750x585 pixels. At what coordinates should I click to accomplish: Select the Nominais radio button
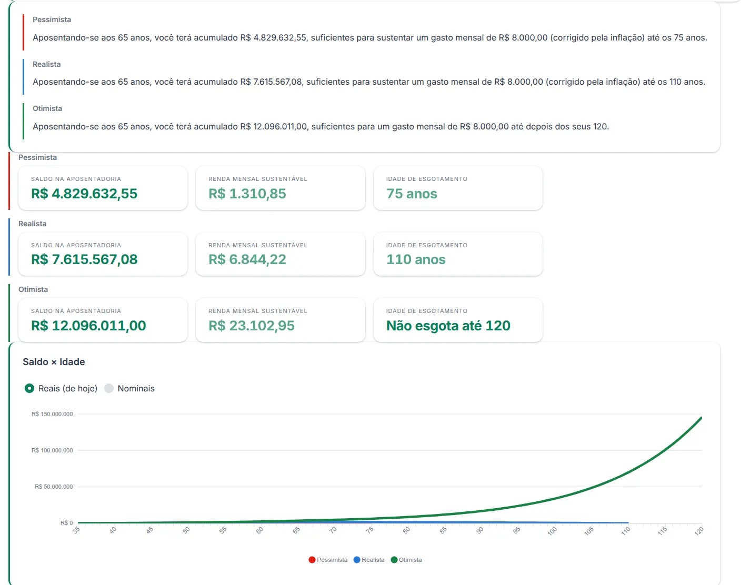[109, 388]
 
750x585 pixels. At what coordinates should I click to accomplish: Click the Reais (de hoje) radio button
[29, 388]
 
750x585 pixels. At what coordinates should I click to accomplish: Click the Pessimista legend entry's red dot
[312, 560]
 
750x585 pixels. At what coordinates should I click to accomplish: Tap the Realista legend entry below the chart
[369, 560]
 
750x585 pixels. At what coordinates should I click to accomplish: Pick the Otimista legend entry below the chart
[406, 560]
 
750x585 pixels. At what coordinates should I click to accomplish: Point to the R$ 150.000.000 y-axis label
[52, 414]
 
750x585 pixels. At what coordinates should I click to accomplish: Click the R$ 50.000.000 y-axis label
[54, 487]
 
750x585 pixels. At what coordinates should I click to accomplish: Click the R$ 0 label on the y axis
[67, 523]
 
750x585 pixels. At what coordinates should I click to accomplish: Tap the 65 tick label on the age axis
[296, 530]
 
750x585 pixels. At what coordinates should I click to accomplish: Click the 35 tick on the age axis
[76, 530]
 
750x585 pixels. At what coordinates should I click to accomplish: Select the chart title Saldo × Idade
[54, 362]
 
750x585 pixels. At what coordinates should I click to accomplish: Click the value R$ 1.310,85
[247, 194]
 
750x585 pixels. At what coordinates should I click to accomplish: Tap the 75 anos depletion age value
[412, 194]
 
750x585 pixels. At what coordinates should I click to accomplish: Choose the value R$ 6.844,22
[247, 259]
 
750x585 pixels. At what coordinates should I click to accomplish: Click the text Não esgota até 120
[448, 326]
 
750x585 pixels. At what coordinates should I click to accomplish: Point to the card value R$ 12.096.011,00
[88, 326]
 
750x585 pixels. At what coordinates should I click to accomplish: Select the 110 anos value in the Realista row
[416, 259]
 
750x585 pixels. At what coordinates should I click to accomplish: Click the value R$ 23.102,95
[251, 326]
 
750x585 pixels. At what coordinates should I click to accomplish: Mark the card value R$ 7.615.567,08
[84, 259]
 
